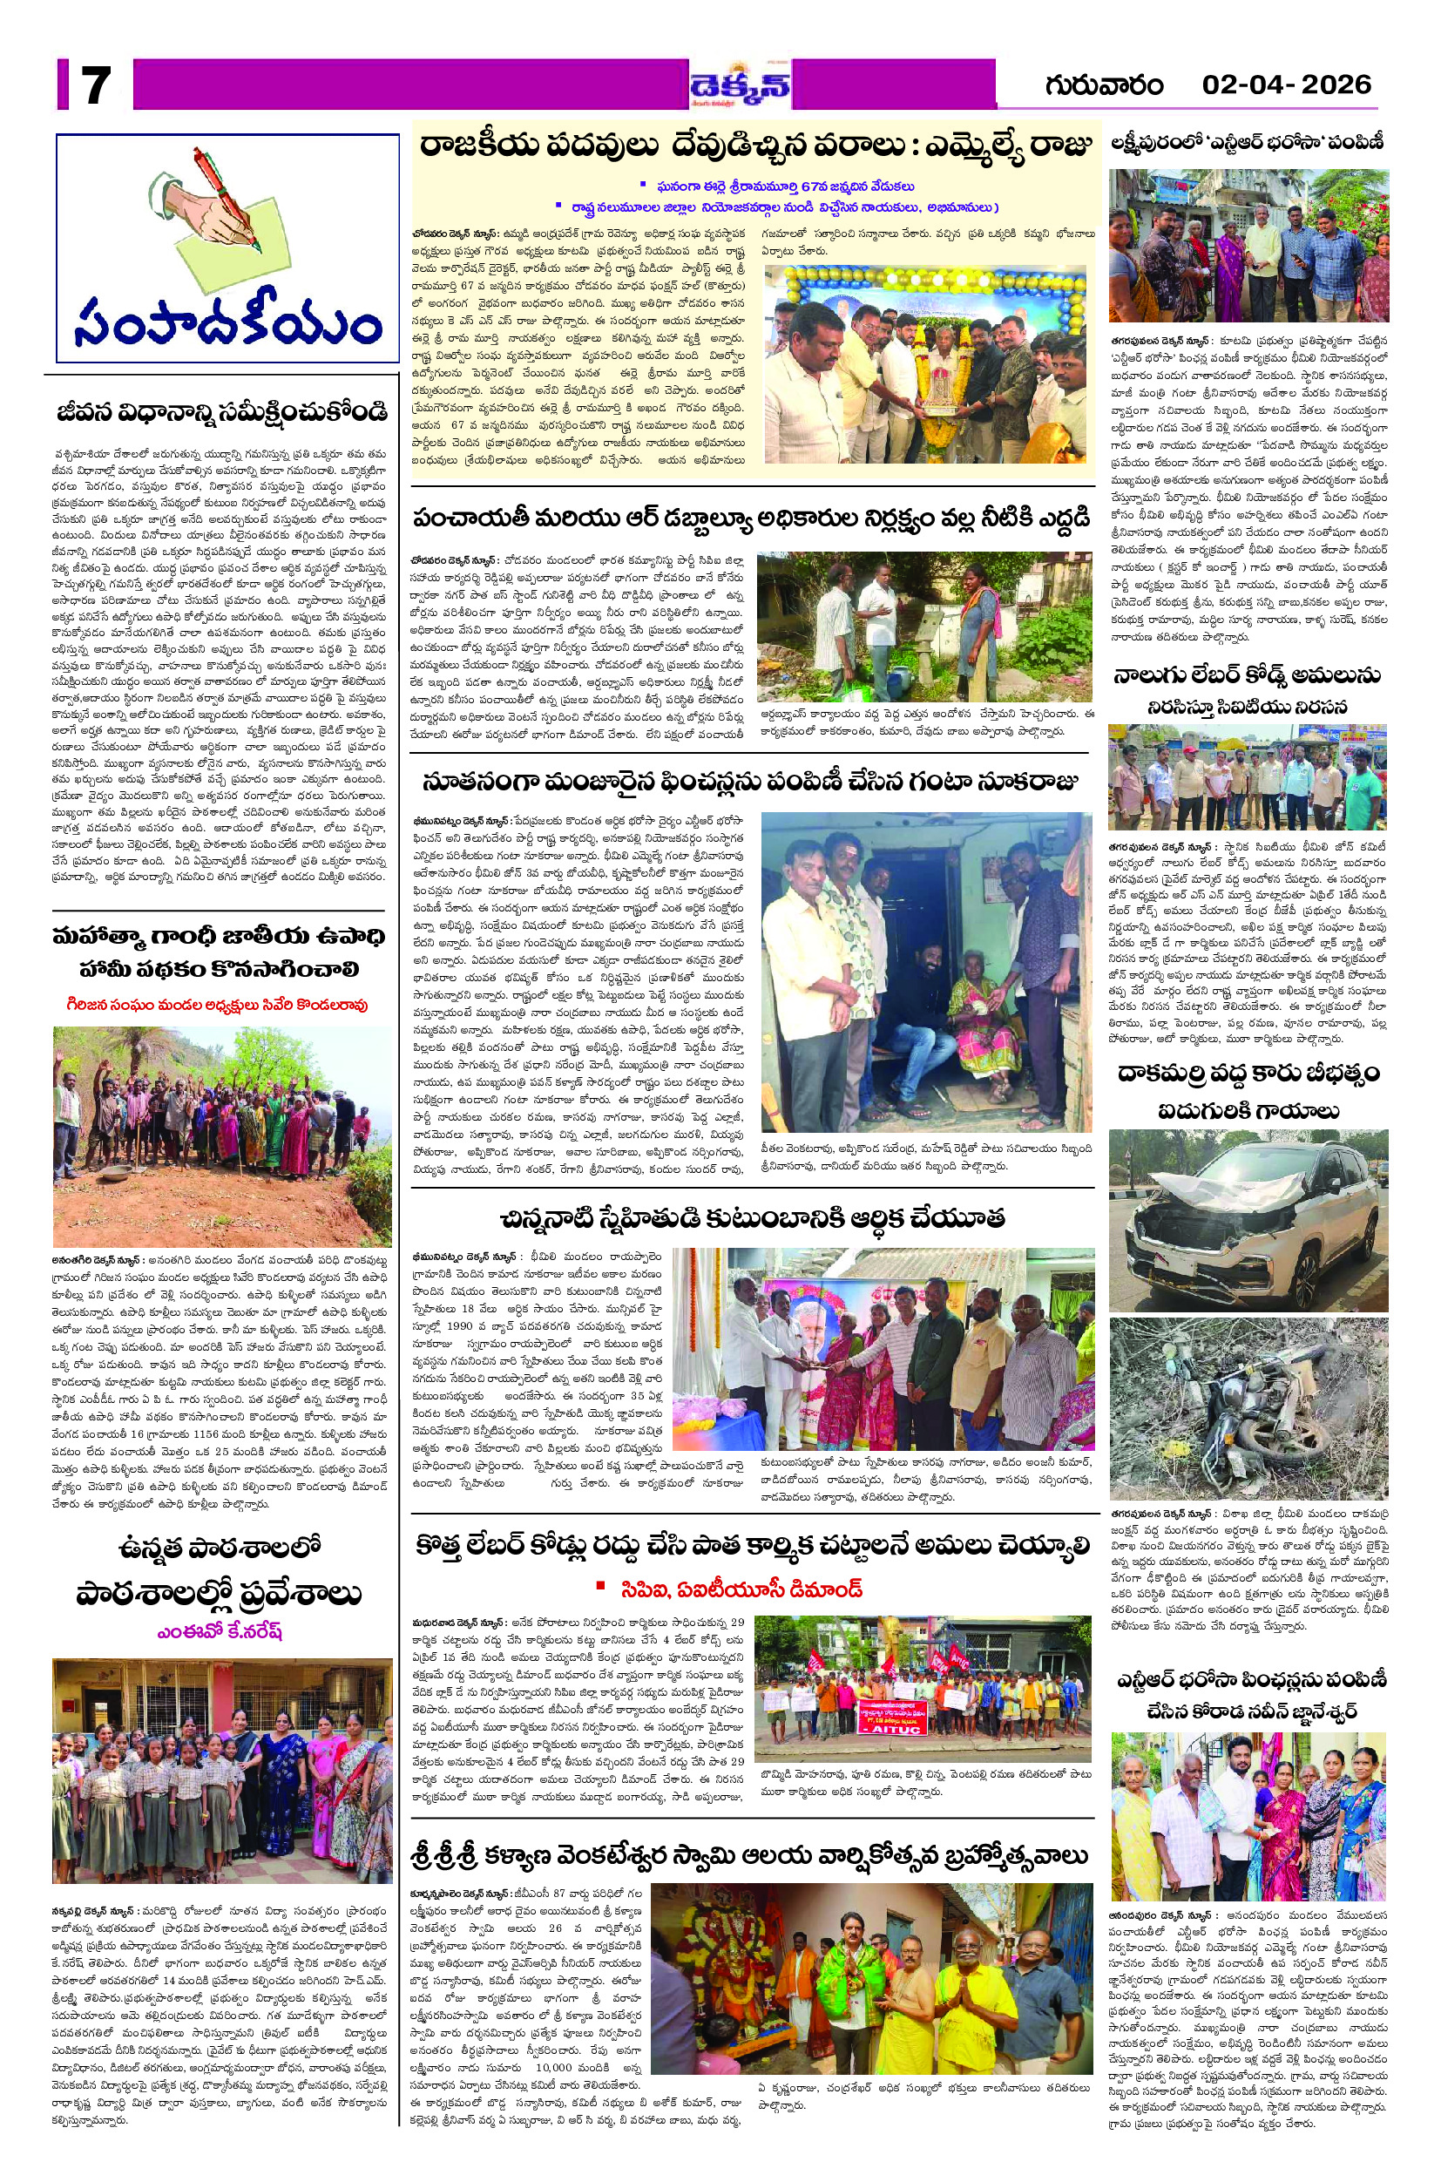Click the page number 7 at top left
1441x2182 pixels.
point(96,86)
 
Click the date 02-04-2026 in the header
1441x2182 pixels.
point(1286,85)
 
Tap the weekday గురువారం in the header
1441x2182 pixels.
point(1103,85)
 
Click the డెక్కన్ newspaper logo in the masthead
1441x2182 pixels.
point(741,86)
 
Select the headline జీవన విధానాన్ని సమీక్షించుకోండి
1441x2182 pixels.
point(221,412)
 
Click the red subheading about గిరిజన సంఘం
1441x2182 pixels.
point(218,1005)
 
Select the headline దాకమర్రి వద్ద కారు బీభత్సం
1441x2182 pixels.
point(1248,1074)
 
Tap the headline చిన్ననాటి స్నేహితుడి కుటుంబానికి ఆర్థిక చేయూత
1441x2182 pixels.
point(753,1218)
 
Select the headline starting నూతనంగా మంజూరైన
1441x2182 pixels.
point(751,783)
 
